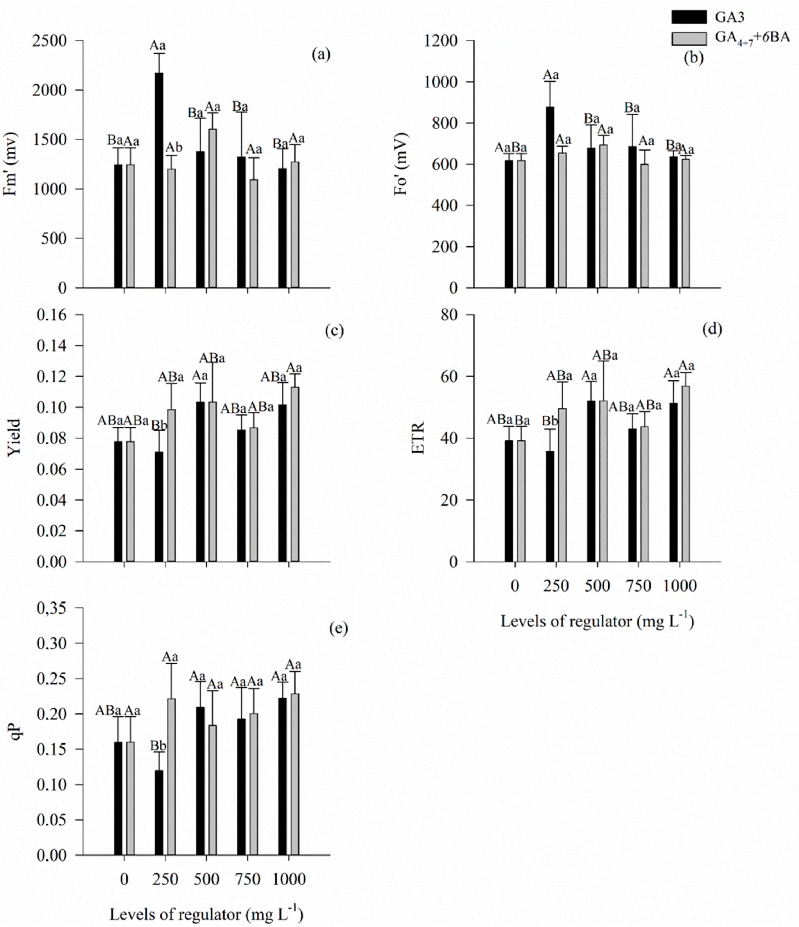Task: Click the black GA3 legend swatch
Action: (689, 17)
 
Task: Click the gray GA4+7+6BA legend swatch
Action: (689, 39)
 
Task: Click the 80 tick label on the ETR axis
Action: (450, 315)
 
